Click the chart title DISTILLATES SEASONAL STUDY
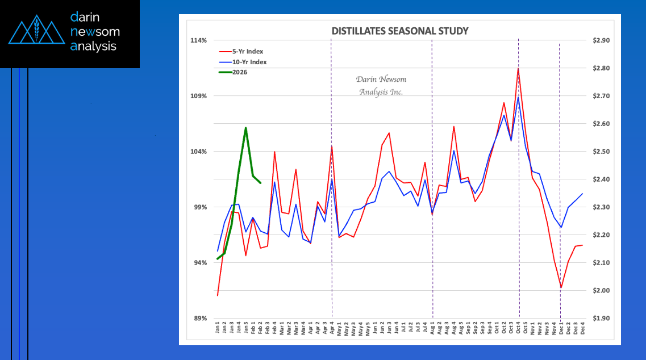pos(400,31)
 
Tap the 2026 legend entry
pos(239,72)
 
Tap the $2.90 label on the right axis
pos(601,41)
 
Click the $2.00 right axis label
pos(601,291)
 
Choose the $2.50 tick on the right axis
pos(601,152)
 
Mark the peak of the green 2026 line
pos(245,128)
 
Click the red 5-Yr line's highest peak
pos(518,68)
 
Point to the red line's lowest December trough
pos(561,288)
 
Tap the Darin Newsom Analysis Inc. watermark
pos(381,85)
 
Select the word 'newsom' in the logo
pos(95,32)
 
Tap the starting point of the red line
pos(218,295)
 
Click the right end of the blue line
pos(582,194)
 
